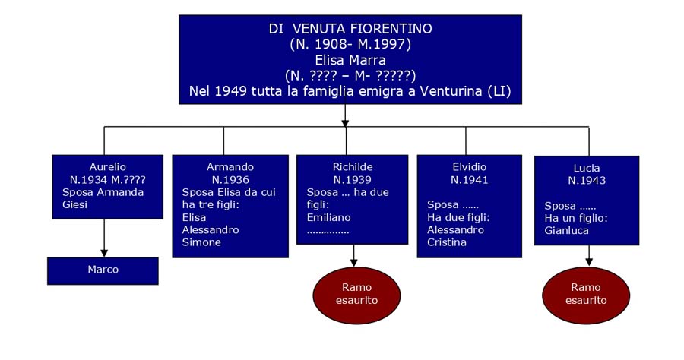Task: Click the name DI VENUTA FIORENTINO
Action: coord(350,29)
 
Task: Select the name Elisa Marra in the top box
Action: coord(350,60)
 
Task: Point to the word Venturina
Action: coord(450,91)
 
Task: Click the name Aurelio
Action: coord(108,167)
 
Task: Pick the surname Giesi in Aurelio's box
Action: coord(75,204)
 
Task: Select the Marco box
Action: coord(103,270)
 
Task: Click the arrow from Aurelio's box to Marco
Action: coord(104,238)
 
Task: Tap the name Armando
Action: coord(230,167)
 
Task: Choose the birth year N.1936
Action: coord(230,179)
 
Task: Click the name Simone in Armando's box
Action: coord(201,242)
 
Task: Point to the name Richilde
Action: coord(353,167)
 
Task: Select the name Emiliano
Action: coord(328,217)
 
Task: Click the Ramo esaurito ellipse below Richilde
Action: coord(357,295)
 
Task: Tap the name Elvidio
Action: coord(470,167)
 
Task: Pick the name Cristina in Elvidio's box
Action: coord(447,242)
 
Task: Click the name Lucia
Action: coord(587,169)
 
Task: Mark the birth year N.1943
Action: coord(587,181)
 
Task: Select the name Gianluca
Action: coord(567,231)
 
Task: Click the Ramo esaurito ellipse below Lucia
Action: coord(586,295)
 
